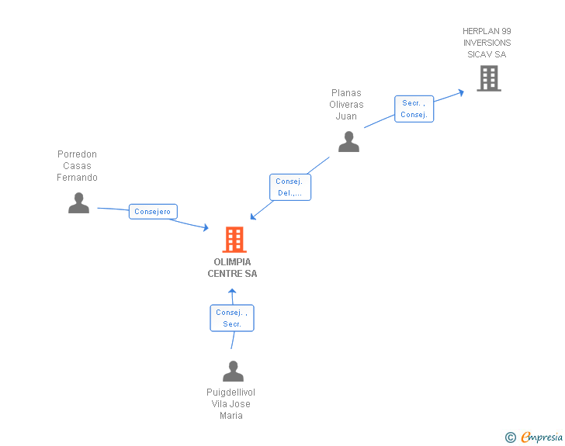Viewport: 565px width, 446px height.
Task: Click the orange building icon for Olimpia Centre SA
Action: [x=234, y=240]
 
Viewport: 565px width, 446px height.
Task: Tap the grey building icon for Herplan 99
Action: [x=489, y=78]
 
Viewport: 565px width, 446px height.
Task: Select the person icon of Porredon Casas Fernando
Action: [x=78, y=202]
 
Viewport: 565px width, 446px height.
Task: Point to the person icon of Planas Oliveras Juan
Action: [x=348, y=142]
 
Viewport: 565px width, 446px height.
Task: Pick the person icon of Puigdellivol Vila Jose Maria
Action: [x=233, y=371]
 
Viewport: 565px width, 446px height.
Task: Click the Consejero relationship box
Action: [x=153, y=212]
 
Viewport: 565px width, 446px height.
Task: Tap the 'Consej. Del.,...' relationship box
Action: [x=290, y=187]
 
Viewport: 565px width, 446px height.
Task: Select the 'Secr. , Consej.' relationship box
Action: [x=414, y=109]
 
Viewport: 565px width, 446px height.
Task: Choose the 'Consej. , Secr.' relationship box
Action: [x=232, y=318]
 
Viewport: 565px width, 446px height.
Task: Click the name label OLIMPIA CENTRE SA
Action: [x=232, y=268]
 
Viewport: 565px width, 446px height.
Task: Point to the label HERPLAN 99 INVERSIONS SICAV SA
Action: [x=487, y=43]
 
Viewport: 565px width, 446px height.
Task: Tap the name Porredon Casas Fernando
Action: [x=77, y=166]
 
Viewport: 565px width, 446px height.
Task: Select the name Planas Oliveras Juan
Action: [x=346, y=105]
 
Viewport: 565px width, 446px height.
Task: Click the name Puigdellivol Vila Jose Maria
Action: [x=231, y=404]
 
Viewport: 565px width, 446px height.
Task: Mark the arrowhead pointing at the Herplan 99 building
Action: [x=461, y=92]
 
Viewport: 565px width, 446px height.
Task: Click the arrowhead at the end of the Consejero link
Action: [x=206, y=227]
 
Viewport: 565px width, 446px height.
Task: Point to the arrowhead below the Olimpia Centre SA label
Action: [x=232, y=291]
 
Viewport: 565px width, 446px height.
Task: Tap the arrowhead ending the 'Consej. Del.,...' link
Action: [x=253, y=216]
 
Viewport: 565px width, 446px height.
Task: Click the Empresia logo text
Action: [x=542, y=437]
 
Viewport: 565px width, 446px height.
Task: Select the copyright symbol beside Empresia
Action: [x=511, y=437]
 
